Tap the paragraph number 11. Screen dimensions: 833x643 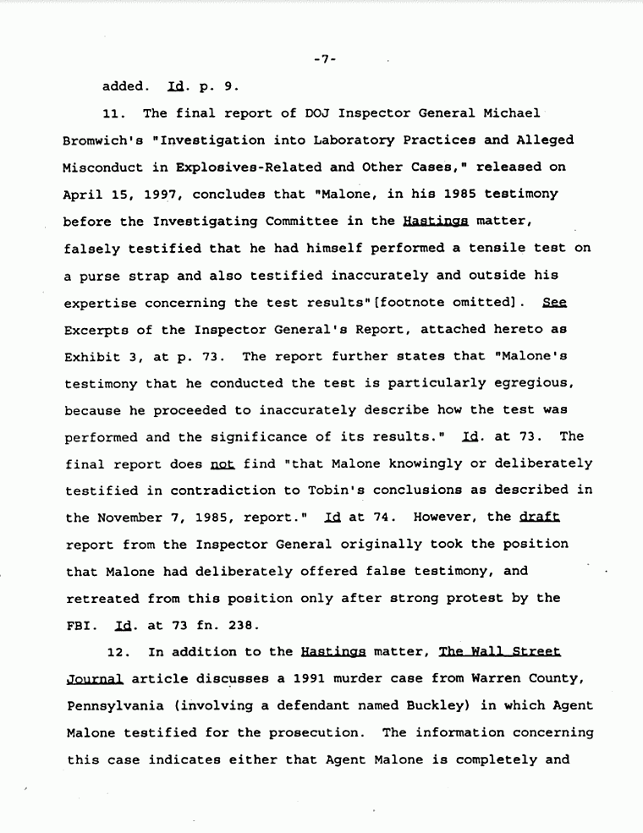tap(112, 113)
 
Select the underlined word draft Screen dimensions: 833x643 tap(540, 517)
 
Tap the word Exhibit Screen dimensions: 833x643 tap(91, 356)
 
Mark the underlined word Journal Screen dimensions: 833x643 tap(93, 679)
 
